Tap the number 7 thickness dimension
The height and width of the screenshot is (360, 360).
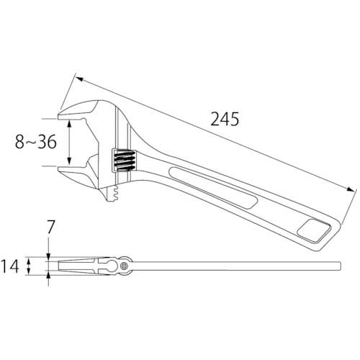[49, 228]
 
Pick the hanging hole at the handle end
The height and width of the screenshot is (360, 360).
[315, 231]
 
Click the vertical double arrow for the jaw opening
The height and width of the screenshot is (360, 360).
[69, 142]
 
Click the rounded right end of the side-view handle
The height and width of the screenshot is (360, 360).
[338, 266]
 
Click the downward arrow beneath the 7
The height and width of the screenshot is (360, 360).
[49, 252]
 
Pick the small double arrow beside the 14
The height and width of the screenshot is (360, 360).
[30, 267]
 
